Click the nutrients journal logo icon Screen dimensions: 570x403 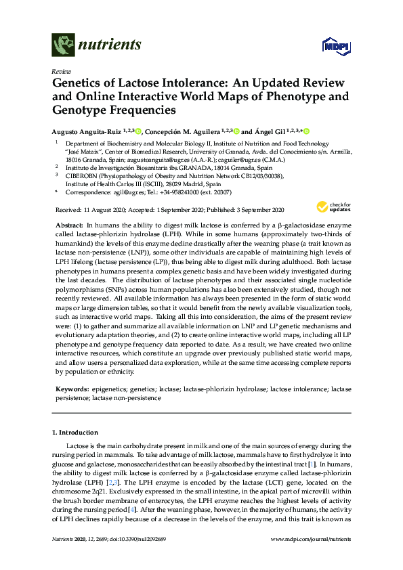click(x=62, y=46)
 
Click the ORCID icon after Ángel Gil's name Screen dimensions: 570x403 click(x=305, y=131)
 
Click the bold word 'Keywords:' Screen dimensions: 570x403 click(x=71, y=390)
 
